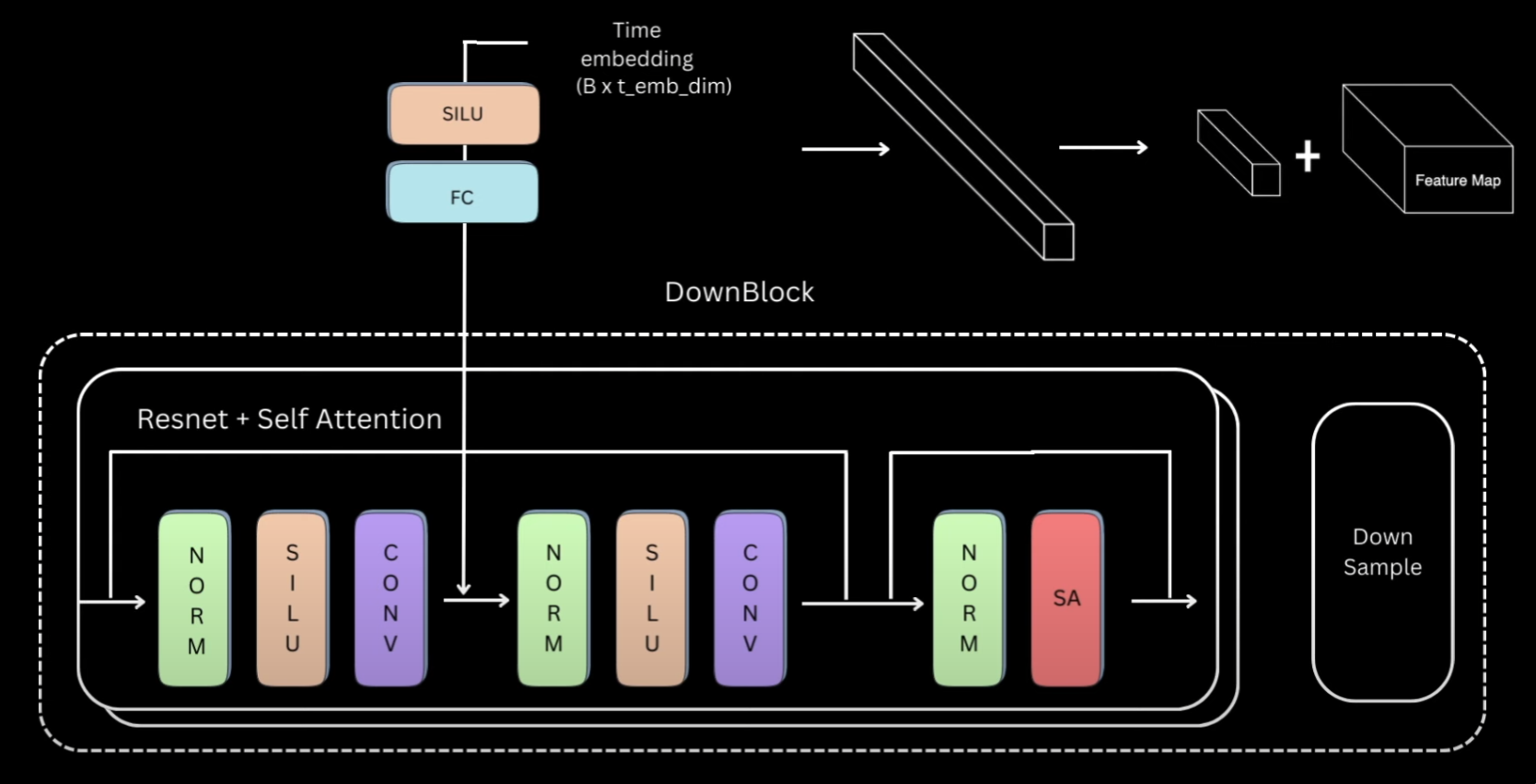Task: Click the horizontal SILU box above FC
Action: coord(463,114)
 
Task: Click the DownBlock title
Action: coord(739,292)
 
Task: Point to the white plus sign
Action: coord(1308,157)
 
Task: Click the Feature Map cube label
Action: coord(1458,181)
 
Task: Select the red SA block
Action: coord(1066,599)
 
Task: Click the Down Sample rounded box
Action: coord(1382,552)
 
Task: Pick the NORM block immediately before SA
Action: coord(968,599)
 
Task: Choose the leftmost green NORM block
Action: coord(194,599)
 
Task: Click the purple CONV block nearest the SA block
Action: coord(750,599)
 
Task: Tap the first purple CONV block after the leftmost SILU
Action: coord(390,599)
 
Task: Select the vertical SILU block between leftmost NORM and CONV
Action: coord(292,599)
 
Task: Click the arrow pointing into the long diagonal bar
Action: coord(845,148)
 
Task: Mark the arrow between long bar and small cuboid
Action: coord(1103,147)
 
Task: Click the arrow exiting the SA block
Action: coord(1164,602)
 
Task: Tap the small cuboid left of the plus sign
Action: coord(1239,153)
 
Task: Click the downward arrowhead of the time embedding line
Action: coord(463,588)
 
